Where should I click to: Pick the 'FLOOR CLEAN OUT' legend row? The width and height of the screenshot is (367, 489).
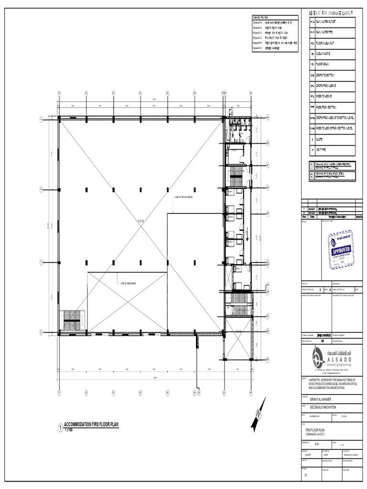point(327,43)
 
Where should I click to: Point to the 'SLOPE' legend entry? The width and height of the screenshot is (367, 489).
point(320,139)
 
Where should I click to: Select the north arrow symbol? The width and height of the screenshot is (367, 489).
point(258,414)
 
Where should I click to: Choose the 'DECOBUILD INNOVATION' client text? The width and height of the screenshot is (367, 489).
point(323,407)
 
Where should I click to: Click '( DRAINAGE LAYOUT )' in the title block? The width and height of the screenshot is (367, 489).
point(318,434)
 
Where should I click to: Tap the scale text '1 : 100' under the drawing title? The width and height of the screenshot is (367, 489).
point(70,430)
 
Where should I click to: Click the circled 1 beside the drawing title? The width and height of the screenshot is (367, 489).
point(60,427)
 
